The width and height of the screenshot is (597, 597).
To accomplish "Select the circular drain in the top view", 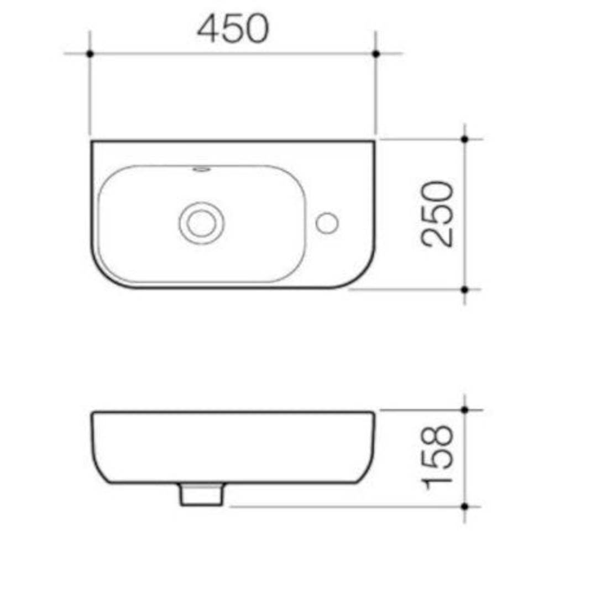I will click(201, 223).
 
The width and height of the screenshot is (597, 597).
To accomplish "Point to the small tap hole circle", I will click(327, 223).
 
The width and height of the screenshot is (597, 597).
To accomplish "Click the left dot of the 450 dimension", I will click(90, 54).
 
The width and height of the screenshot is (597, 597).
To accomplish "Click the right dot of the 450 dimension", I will click(376, 54).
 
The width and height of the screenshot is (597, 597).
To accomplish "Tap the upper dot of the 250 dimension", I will click(464, 139).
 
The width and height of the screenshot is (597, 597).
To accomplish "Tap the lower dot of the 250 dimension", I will click(464, 289).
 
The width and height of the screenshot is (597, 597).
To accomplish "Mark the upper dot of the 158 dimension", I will click(464, 410).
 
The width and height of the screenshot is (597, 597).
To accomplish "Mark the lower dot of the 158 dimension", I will click(464, 506).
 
